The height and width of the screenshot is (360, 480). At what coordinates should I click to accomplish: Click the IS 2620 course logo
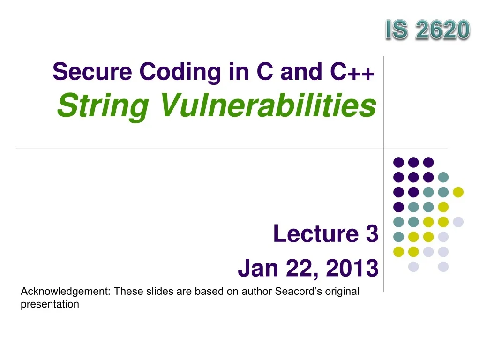pos(427,30)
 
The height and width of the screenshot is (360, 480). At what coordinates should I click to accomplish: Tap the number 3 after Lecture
pos(372,234)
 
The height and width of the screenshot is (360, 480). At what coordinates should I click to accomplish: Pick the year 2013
pos(352,269)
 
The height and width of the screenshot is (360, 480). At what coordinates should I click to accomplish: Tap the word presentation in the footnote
pos(50,304)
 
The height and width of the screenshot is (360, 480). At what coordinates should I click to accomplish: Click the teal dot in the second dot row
pos(443,177)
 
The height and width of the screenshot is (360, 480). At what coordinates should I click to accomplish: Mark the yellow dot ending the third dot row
pos(458,192)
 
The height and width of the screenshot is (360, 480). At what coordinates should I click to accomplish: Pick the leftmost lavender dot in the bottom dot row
pos(413,267)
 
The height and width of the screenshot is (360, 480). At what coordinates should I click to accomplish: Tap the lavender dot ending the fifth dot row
pos(458,222)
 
